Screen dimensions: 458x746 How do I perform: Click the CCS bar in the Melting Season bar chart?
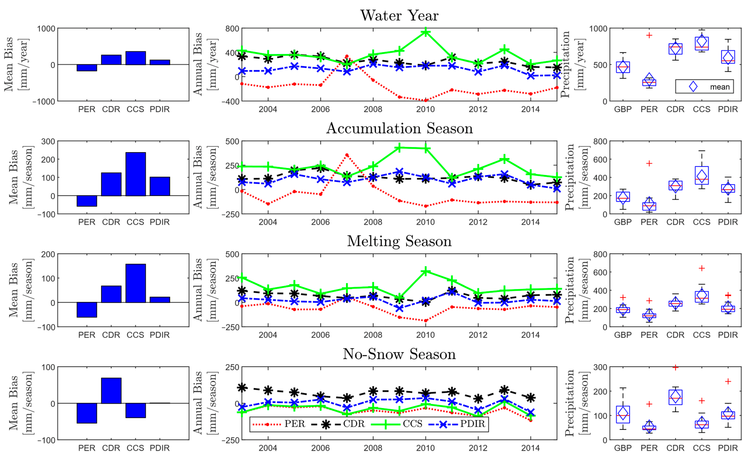(136, 283)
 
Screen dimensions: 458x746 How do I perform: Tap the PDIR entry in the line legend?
(458, 424)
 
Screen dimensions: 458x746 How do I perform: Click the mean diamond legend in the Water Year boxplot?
(704, 87)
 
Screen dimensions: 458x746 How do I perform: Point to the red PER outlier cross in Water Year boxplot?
(649, 35)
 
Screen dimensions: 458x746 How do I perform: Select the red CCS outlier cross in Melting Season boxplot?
(701, 268)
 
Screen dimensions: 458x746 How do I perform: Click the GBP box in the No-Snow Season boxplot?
(623, 414)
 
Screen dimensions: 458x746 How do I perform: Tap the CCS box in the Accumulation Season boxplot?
(701, 175)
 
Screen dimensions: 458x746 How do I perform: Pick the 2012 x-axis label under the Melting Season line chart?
(478, 335)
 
